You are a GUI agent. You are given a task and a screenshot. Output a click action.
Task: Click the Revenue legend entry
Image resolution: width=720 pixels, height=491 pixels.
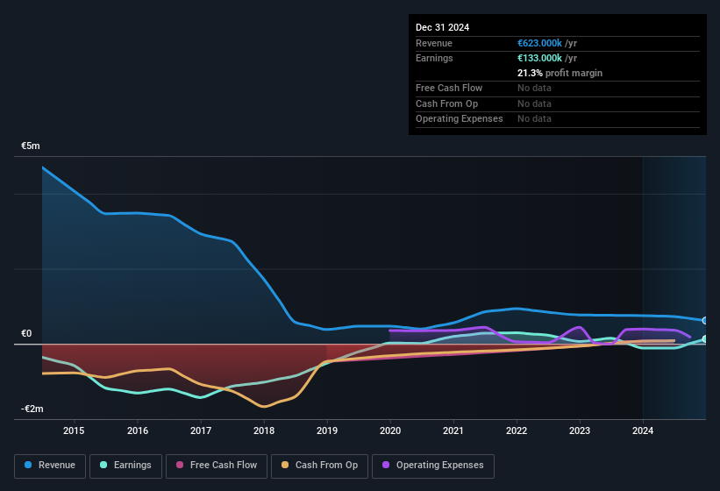click(50, 466)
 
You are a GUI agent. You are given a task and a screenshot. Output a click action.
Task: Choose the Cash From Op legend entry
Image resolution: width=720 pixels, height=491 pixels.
click(320, 466)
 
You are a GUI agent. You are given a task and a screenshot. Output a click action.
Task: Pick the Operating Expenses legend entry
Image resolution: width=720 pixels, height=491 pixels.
click(433, 466)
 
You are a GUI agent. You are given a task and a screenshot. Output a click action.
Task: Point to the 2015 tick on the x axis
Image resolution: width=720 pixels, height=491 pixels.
click(74, 431)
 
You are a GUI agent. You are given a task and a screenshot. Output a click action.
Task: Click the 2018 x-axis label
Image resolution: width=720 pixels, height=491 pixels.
click(264, 431)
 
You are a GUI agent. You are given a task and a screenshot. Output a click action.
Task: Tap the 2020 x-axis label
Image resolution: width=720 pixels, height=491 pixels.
click(390, 431)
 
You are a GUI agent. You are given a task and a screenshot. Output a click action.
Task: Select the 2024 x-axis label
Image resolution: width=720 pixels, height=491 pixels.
click(643, 431)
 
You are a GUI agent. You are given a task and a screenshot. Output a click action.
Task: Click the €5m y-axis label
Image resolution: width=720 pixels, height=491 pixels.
click(32, 146)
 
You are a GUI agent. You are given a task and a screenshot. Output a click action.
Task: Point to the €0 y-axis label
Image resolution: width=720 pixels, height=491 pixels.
click(26, 334)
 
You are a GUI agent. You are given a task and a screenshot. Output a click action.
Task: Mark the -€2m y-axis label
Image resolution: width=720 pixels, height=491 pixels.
click(32, 409)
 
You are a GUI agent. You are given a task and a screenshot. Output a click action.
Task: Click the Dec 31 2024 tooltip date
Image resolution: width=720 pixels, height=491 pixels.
click(442, 27)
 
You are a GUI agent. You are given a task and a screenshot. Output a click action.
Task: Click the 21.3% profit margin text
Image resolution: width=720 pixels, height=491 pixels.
click(560, 73)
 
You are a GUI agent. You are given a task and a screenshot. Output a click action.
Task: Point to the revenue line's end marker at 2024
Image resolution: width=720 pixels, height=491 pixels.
click(705, 321)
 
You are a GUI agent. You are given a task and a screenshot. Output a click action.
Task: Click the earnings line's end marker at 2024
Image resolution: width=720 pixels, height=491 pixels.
click(705, 339)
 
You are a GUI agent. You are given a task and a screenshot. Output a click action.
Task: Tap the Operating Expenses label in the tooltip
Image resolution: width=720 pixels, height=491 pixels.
click(459, 118)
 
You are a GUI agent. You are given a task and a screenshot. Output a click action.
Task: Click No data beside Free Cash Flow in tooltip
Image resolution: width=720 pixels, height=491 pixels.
click(534, 88)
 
